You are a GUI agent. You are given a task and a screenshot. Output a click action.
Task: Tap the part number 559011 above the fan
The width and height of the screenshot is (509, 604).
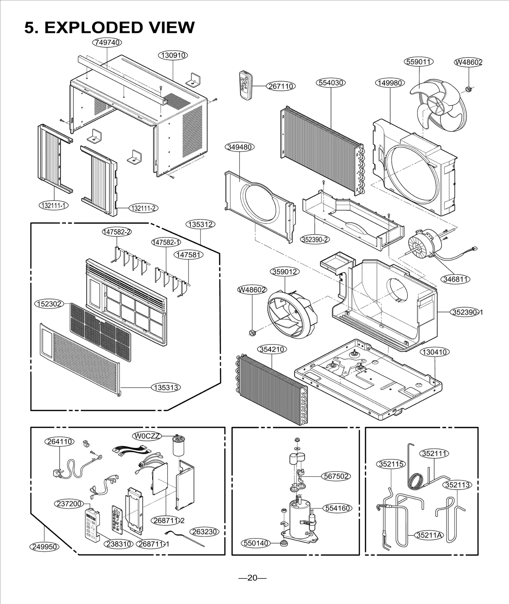[419, 61]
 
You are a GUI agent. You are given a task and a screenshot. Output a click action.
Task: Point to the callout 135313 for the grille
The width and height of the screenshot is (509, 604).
[166, 387]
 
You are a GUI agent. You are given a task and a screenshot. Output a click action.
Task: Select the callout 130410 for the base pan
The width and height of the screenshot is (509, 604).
[435, 352]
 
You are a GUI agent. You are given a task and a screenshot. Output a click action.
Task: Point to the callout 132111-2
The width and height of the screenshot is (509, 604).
[143, 208]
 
